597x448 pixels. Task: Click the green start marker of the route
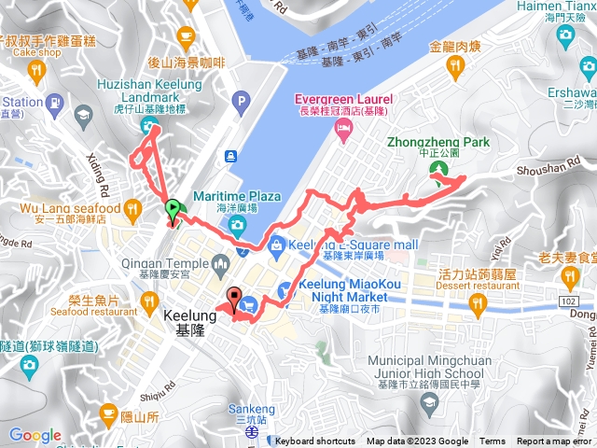click(172, 210)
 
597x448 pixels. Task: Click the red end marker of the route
click(234, 299)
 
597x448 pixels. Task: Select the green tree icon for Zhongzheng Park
click(437, 170)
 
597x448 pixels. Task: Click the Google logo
click(35, 435)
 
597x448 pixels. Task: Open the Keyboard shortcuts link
click(315, 441)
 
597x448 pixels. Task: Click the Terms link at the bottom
click(493, 441)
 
